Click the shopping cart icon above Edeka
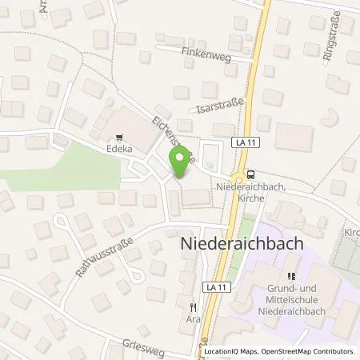point(120,138)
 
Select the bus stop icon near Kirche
point(251,174)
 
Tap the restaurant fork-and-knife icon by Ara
point(192,307)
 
